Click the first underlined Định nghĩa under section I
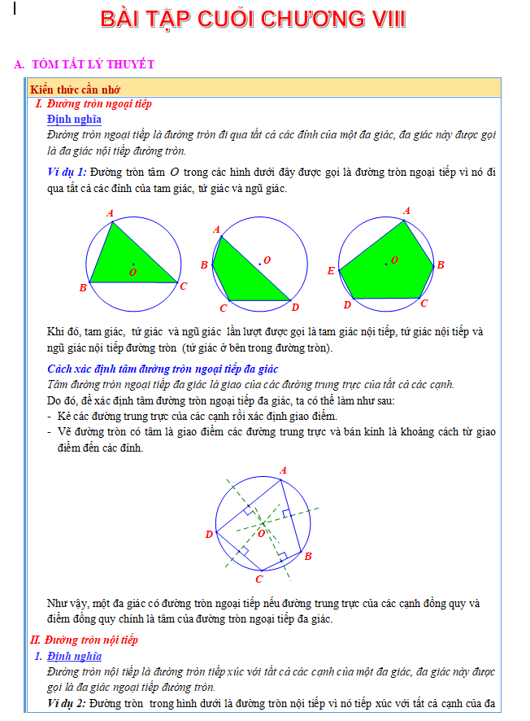[74, 120]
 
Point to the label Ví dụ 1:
[67, 172]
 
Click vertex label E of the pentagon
[331, 271]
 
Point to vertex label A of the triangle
[111, 214]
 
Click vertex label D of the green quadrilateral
[295, 307]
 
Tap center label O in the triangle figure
[132, 270]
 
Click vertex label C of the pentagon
[424, 303]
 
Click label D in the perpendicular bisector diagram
[209, 535]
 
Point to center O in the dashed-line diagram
[262, 533]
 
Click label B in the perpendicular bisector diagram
[308, 556]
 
